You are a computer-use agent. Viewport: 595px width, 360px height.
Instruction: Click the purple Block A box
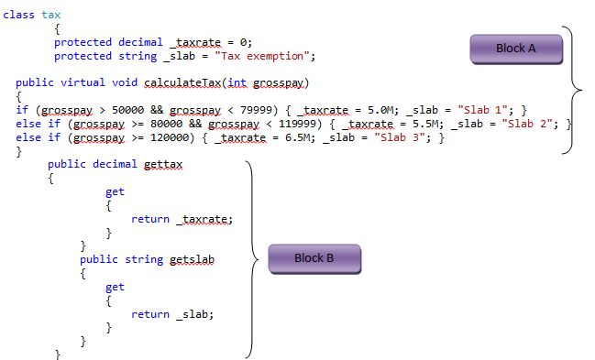pyautogui.click(x=515, y=49)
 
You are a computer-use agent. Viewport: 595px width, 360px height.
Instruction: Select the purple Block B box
pyautogui.click(x=314, y=257)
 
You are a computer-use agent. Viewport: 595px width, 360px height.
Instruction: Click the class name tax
pyautogui.click(x=51, y=16)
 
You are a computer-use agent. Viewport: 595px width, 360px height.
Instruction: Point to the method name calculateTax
pyautogui.click(x=171, y=82)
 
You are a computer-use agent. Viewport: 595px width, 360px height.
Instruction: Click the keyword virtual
pyautogui.click(x=83, y=82)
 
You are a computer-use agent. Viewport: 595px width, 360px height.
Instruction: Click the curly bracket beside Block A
pyautogui.click(x=574, y=90)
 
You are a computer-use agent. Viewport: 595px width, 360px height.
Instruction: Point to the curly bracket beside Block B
pyautogui.click(x=249, y=258)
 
